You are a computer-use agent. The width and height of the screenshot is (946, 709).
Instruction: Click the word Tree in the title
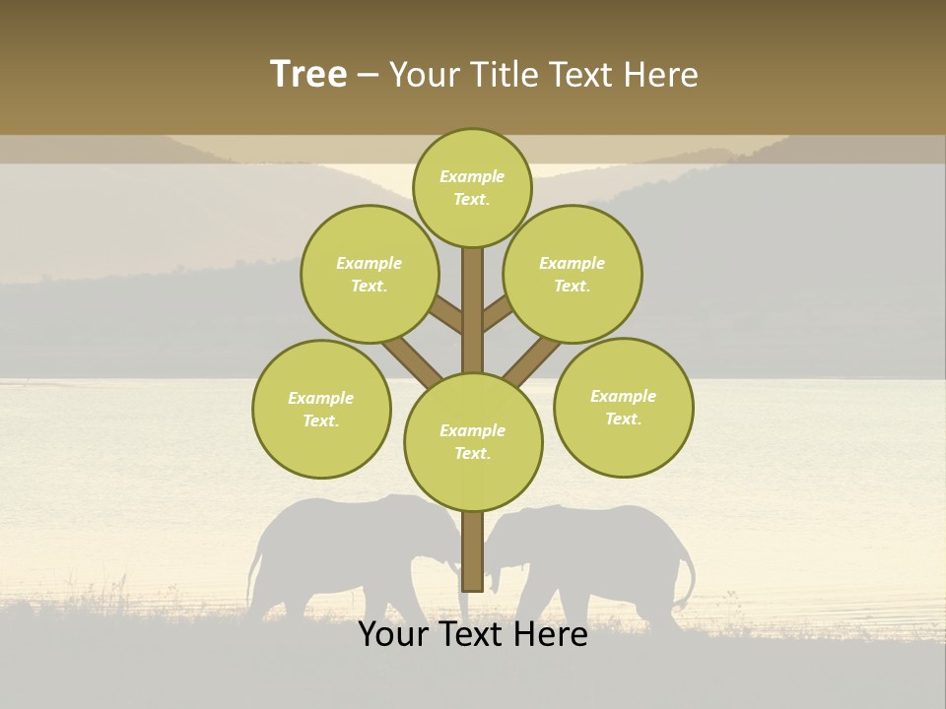coord(308,74)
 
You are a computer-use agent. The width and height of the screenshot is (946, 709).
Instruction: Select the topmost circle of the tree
coord(472,187)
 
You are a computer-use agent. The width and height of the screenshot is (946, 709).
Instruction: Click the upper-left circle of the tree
coord(370,274)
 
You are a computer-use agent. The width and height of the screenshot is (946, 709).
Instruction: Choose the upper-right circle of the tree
coord(573,274)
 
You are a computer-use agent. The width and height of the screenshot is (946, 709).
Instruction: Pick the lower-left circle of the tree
coord(321,409)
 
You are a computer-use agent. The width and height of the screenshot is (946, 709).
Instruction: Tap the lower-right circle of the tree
coord(623,407)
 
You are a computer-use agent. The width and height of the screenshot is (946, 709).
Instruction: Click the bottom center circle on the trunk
coord(473,441)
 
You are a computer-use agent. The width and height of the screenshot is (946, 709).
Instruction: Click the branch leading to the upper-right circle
coord(498,313)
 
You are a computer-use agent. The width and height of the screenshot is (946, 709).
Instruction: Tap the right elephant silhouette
coord(601,551)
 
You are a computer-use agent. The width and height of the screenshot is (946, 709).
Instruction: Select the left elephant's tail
coord(255,581)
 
